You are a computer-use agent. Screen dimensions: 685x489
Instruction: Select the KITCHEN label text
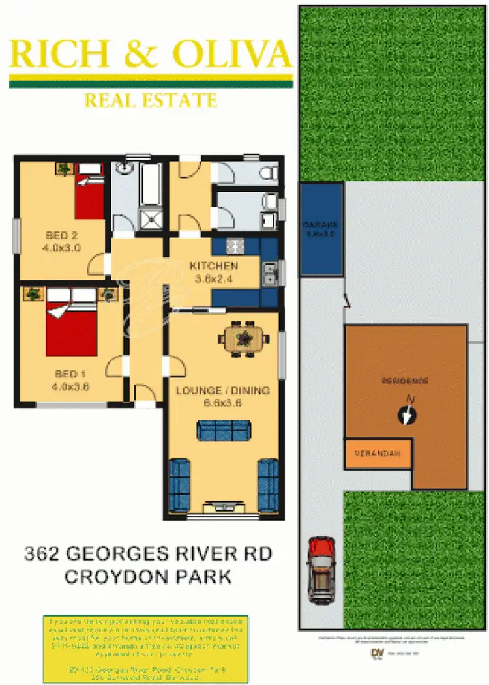(x=213, y=266)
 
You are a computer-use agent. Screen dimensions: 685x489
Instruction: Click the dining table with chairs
(x=244, y=338)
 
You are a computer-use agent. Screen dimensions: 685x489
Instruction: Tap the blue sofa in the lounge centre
(x=224, y=430)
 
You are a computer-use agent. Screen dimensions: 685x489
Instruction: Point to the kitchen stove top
(x=233, y=246)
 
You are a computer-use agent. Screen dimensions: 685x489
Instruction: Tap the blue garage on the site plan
(x=321, y=229)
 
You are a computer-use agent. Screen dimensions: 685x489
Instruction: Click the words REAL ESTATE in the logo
(x=151, y=100)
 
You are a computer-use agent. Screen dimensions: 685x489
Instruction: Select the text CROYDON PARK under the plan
(x=148, y=577)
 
